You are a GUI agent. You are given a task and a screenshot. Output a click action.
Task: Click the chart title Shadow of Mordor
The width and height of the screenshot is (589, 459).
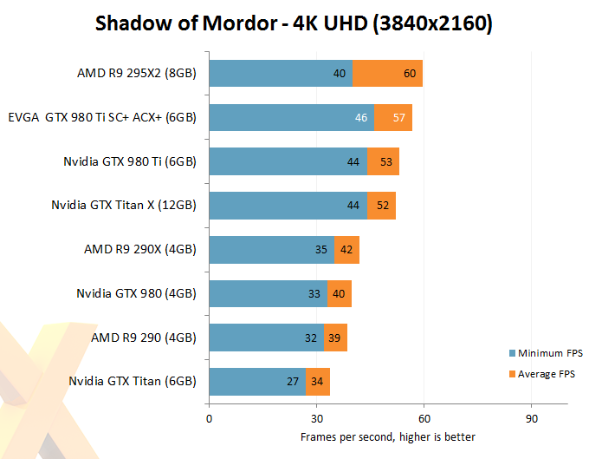pos(294,23)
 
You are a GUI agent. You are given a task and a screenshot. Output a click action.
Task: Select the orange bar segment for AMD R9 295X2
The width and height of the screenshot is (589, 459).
pos(388,74)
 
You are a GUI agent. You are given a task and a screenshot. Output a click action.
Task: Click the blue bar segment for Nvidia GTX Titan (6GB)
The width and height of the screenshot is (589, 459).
pos(258,381)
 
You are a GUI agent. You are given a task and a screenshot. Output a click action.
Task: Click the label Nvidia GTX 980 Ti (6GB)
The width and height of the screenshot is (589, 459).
pos(130,161)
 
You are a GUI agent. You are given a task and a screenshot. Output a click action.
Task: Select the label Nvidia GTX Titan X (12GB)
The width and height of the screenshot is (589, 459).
pos(125,206)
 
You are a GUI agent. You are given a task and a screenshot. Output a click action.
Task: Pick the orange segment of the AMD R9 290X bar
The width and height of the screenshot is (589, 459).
pos(346,250)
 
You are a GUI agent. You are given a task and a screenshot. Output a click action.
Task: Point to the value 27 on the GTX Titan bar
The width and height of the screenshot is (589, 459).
pos(293,381)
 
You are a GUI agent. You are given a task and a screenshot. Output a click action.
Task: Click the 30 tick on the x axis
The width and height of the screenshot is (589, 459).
pos(316,417)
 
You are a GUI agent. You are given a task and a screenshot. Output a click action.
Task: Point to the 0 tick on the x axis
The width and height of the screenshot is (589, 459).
pos(209,417)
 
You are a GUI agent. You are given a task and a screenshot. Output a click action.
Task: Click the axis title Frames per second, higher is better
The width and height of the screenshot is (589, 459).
pos(387,436)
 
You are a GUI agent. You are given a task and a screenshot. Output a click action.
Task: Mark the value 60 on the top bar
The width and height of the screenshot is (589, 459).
pos(411,74)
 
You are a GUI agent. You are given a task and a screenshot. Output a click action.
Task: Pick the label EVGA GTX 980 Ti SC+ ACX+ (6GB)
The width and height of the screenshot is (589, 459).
pos(102,117)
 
